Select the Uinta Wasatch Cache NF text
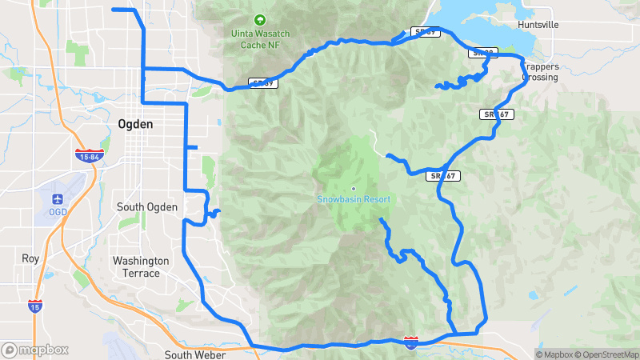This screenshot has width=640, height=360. tap(258, 39)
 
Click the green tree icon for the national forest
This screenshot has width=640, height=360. tap(258, 20)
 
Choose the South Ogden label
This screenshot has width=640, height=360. tap(146, 207)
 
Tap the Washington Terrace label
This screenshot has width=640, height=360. tap(141, 267)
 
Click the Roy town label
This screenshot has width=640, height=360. tap(30, 258)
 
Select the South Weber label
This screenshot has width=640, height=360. tap(194, 354)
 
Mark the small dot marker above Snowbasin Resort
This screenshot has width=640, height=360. tap(353, 189)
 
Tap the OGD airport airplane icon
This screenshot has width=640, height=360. tap(58, 198)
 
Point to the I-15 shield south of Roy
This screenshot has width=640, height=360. tap(34, 306)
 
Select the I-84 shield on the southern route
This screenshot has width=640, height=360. tap(410, 342)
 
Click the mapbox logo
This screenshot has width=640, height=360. tap(34, 350)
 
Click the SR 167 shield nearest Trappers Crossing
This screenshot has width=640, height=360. tap(497, 114)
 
